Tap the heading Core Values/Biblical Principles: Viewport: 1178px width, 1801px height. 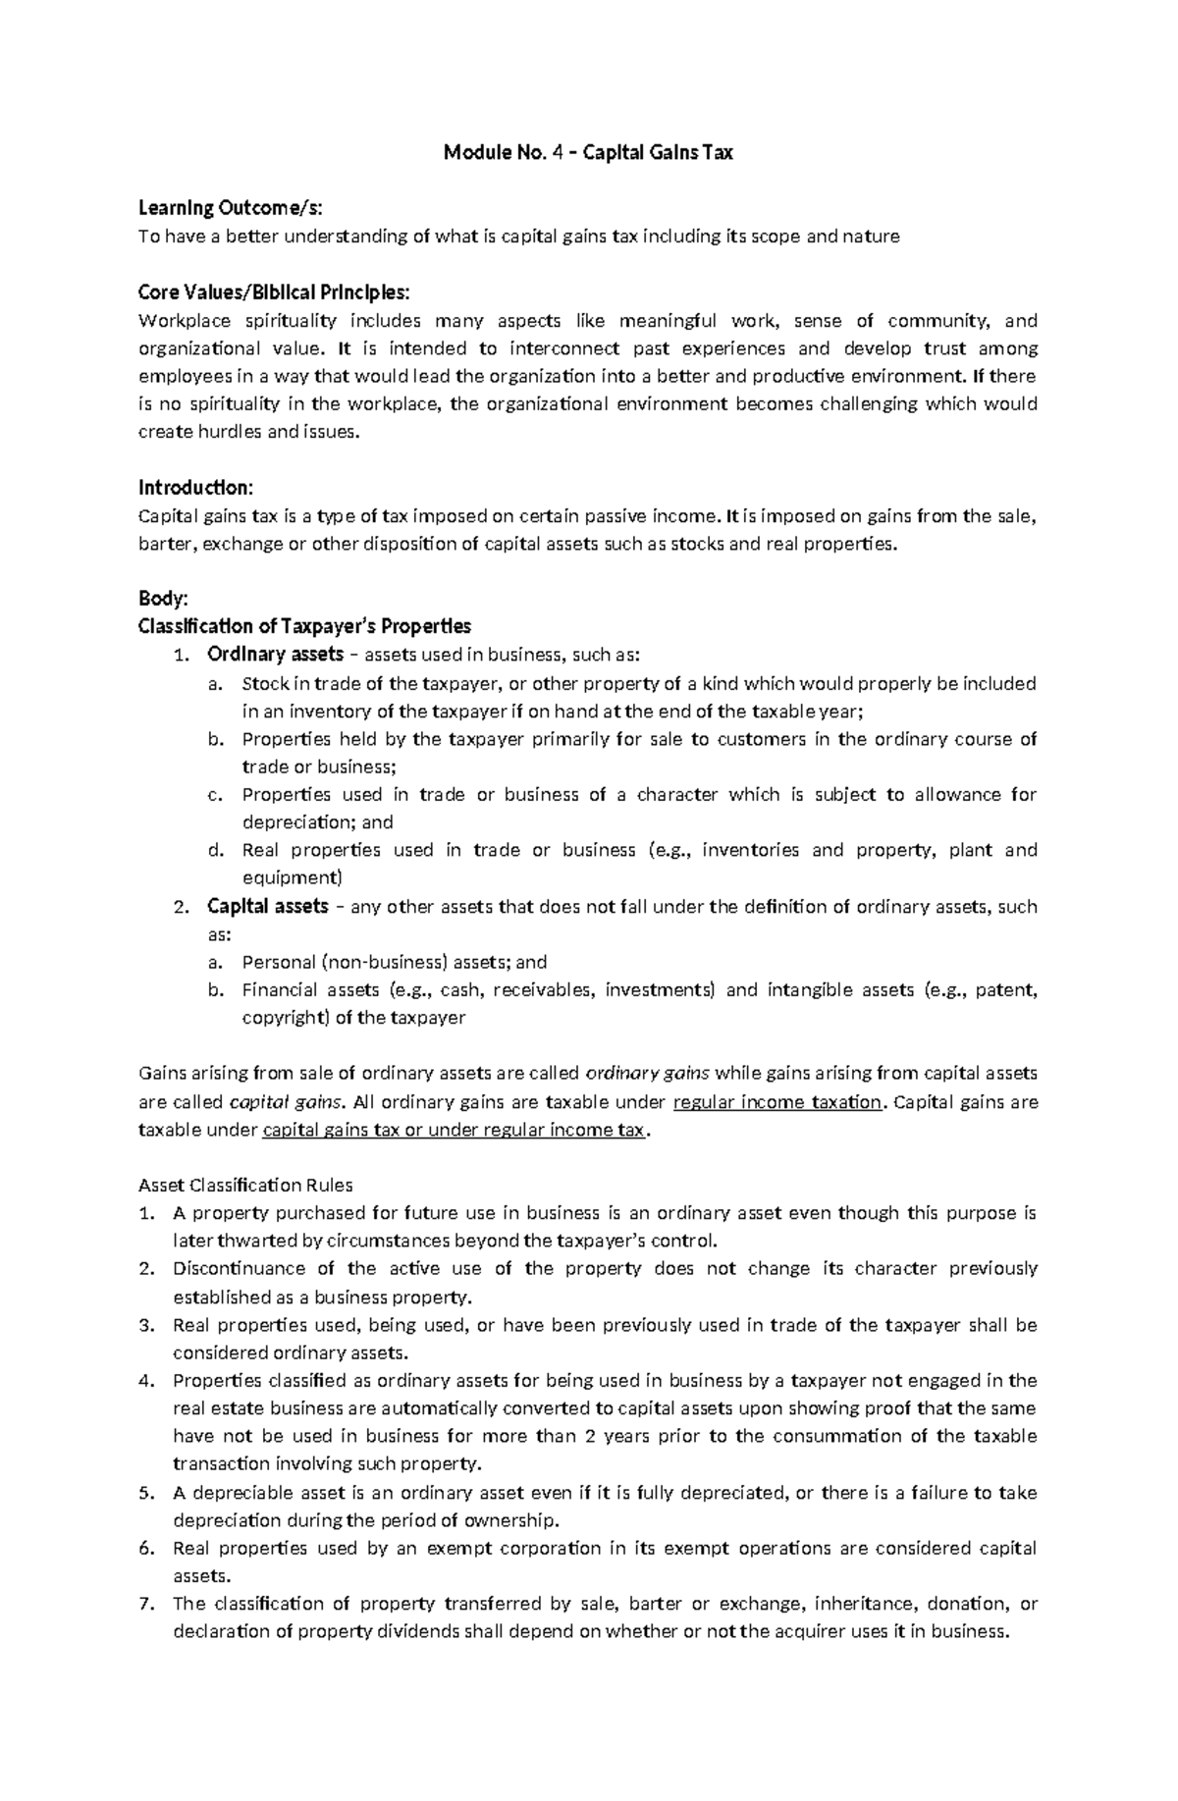point(274,292)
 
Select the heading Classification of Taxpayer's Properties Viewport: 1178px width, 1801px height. point(304,626)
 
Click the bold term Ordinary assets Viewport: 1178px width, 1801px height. point(274,655)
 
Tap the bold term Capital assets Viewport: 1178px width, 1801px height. point(266,906)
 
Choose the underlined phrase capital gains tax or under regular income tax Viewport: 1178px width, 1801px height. point(454,1130)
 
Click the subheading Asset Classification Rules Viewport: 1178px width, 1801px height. point(245,1185)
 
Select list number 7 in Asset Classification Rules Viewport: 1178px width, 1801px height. point(146,1604)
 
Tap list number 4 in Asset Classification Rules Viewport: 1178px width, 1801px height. point(146,1381)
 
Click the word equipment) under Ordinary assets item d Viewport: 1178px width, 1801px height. point(292,877)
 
